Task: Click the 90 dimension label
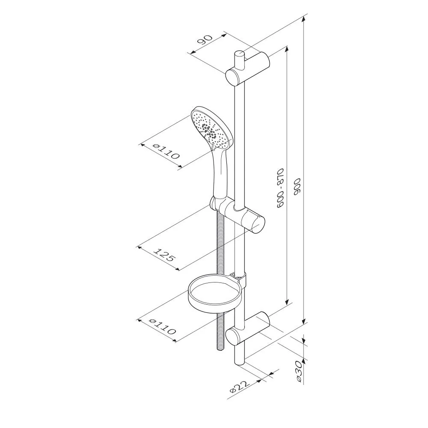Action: coord(205,40)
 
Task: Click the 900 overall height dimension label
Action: coord(297,187)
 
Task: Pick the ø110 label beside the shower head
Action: coord(166,152)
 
